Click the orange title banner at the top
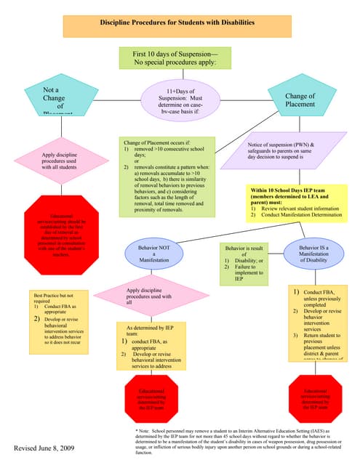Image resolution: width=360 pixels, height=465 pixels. (179, 25)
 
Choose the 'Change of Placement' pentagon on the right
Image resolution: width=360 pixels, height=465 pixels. (300, 99)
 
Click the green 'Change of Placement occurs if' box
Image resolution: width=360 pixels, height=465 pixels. (167, 175)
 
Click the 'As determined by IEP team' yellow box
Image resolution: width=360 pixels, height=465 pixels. (154, 347)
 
